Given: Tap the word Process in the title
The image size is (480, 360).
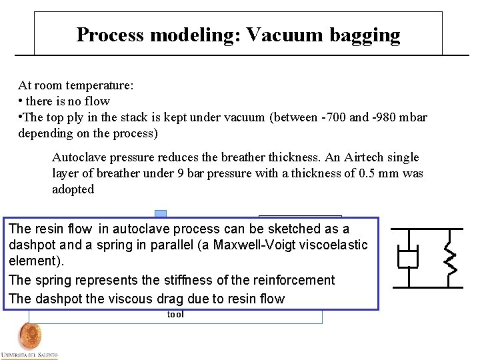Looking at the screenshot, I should (109, 35).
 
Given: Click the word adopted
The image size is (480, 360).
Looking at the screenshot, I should (73, 189).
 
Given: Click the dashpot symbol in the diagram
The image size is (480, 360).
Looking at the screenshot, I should (407, 258).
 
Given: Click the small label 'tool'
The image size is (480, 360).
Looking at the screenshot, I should (175, 315).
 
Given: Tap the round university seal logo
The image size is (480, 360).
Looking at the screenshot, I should (29, 335).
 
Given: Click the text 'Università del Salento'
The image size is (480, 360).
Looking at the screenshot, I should (29, 354).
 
